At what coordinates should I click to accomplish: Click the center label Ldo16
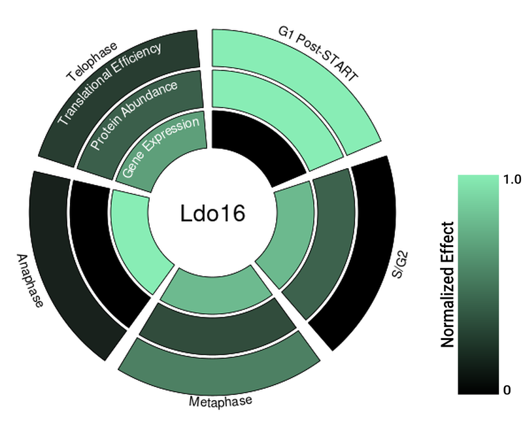click(x=212, y=213)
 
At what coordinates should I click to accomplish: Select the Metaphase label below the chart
click(x=220, y=401)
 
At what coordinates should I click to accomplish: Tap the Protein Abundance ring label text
click(x=134, y=115)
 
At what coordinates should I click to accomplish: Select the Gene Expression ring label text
click(x=161, y=149)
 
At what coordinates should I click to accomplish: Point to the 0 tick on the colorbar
click(x=507, y=390)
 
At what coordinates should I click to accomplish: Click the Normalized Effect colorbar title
click(x=448, y=284)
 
